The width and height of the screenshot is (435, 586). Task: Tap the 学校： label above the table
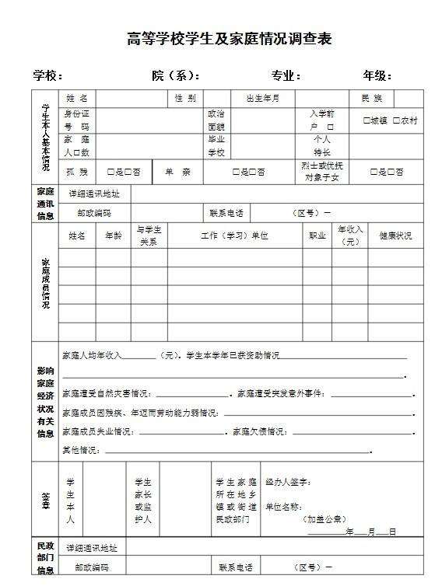(x=47, y=75)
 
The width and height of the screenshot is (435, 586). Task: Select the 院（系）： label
(x=176, y=75)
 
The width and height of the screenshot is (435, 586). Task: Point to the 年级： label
(x=377, y=75)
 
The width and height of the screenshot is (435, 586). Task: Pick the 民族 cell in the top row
(x=371, y=99)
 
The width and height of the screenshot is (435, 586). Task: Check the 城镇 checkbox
(x=367, y=120)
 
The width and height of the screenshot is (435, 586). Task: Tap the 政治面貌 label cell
(x=216, y=120)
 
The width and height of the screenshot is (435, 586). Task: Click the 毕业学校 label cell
(x=216, y=145)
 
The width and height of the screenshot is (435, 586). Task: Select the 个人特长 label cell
(x=322, y=145)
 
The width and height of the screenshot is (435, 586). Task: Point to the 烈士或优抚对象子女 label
(x=322, y=172)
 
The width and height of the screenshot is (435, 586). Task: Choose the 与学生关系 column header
(x=148, y=235)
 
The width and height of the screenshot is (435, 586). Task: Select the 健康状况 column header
(x=395, y=235)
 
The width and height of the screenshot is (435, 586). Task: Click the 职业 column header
(x=317, y=235)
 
